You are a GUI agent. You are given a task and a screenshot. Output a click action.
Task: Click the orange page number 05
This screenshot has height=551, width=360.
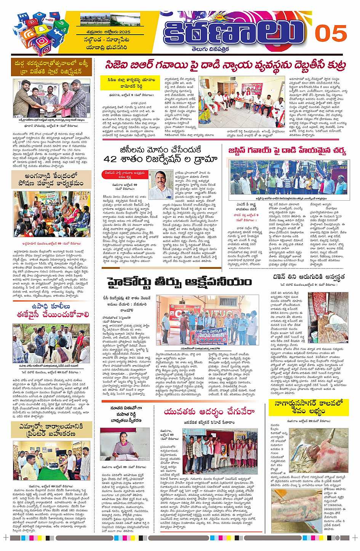coord(330,34)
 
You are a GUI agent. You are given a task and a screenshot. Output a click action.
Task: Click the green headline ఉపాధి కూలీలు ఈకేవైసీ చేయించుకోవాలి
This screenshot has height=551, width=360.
coord(51,310)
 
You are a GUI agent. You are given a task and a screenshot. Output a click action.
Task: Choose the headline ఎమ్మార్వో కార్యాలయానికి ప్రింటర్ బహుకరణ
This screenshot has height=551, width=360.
coord(51,430)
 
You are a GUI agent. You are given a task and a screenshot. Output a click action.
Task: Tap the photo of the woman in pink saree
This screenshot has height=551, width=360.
coord(125,444)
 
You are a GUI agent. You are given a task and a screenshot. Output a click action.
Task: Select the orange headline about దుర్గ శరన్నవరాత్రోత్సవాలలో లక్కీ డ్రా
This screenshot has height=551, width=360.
coord(51,67)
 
